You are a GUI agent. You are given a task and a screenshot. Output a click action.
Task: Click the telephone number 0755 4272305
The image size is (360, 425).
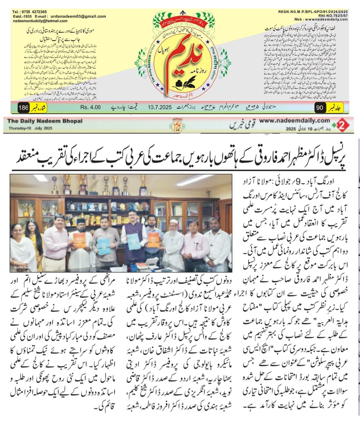[x=30, y=11]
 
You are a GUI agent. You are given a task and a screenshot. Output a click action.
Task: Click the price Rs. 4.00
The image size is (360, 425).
[x=90, y=108]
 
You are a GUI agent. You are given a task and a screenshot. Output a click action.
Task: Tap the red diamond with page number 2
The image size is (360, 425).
[x=342, y=124]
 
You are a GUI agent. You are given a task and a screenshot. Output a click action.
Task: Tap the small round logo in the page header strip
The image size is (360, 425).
[x=177, y=125]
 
